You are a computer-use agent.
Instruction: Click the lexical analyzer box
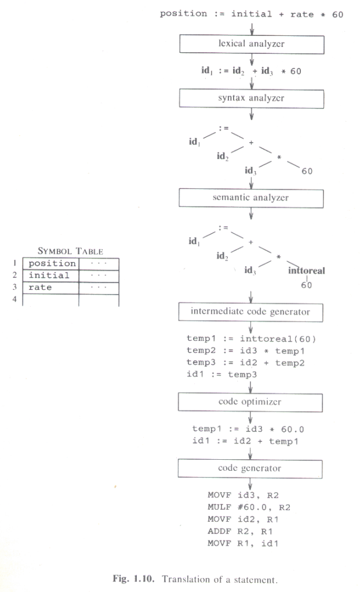250,43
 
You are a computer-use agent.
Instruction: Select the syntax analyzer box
250,98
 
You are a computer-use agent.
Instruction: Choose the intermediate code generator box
250,312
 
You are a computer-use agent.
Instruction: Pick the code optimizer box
250,401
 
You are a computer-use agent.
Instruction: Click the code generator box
250,467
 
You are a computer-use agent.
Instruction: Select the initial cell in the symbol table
49,275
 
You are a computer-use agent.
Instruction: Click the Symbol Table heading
70,252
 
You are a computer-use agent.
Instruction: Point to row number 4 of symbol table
14,299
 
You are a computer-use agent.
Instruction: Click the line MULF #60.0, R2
241,507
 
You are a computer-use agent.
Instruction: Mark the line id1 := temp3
222,375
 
